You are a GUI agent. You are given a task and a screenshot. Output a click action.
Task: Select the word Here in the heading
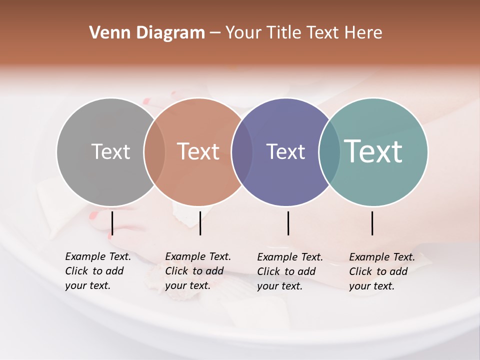tap(363, 33)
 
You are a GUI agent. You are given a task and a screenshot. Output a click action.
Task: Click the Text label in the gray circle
tap(110, 151)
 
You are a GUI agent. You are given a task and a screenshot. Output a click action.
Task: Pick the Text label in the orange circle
tap(198, 151)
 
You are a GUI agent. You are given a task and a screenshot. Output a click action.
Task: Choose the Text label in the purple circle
tap(285, 151)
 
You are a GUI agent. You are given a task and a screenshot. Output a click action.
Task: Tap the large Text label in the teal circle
tap(373, 151)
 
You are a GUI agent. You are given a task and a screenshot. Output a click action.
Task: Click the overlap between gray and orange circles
tap(154, 152)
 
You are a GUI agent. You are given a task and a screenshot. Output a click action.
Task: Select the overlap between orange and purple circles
tap(242, 152)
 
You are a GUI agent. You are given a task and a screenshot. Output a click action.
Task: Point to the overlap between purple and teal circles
tap(329, 152)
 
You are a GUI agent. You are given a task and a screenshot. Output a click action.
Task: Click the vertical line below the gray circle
tap(112, 223)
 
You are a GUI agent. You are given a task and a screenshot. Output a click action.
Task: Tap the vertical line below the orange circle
tap(200, 223)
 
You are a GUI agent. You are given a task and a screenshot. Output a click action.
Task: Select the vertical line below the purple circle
tap(288, 223)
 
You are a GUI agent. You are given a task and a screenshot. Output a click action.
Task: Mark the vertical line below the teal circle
tap(372, 223)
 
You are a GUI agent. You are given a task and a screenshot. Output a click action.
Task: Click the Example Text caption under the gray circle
tap(98, 271)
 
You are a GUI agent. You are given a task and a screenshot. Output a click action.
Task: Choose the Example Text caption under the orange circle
tap(198, 271)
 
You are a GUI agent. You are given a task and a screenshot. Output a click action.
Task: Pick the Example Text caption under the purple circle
tap(290, 271)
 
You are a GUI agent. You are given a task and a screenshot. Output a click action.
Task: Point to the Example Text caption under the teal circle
tap(382, 271)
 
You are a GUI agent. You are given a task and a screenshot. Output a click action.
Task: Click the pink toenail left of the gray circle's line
tap(93, 215)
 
